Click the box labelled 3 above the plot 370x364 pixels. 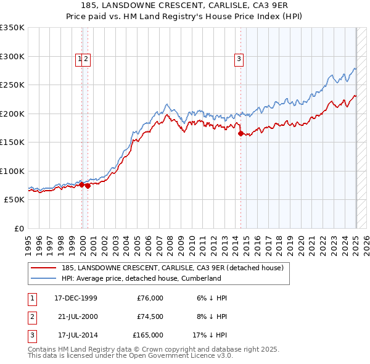point(239,59)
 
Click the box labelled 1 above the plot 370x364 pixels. point(80,59)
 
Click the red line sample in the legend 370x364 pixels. point(44,268)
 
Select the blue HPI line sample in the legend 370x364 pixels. point(44,278)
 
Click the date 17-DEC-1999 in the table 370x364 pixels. point(76,298)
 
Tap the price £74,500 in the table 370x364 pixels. point(150,316)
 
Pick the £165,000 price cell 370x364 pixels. point(148,335)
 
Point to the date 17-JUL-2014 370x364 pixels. point(76,335)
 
